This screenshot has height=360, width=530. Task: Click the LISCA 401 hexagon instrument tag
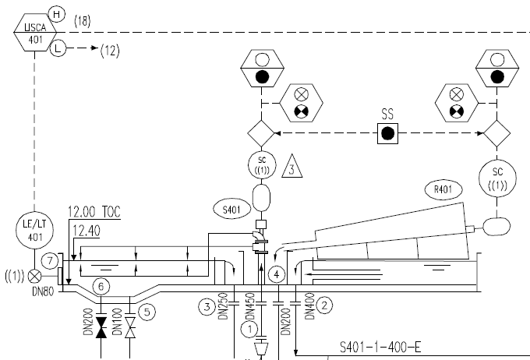point(35,33)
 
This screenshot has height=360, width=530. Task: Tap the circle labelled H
point(57,14)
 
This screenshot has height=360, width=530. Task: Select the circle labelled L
point(58,48)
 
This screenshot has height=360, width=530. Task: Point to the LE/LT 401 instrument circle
point(34,230)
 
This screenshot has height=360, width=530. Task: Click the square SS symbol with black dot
point(387,133)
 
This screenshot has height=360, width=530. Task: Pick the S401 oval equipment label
point(232,210)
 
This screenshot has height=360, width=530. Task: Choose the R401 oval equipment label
point(443,189)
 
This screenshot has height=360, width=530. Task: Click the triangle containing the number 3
point(291,166)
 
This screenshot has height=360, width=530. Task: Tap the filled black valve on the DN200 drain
point(101,327)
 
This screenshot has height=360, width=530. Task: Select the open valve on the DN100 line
point(130,327)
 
